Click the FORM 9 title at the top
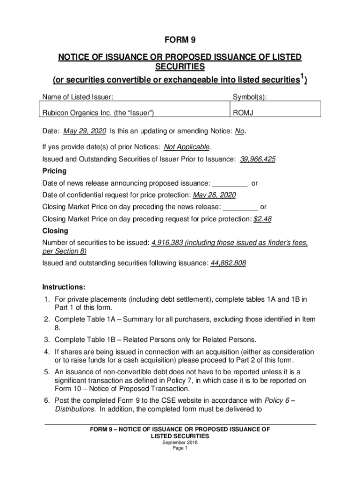click(180, 40)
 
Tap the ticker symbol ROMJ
click(242, 112)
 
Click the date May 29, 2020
click(84, 131)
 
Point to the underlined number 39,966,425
click(257, 159)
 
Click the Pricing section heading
click(54, 171)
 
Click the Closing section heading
click(55, 231)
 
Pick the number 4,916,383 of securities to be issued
click(166, 243)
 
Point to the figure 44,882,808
click(228, 263)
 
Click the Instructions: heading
click(64, 287)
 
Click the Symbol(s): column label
click(250, 97)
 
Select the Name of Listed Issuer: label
click(78, 97)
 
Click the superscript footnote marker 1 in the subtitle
click(302, 77)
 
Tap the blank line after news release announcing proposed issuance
click(230, 183)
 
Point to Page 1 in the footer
click(180, 448)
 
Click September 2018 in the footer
click(180, 442)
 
